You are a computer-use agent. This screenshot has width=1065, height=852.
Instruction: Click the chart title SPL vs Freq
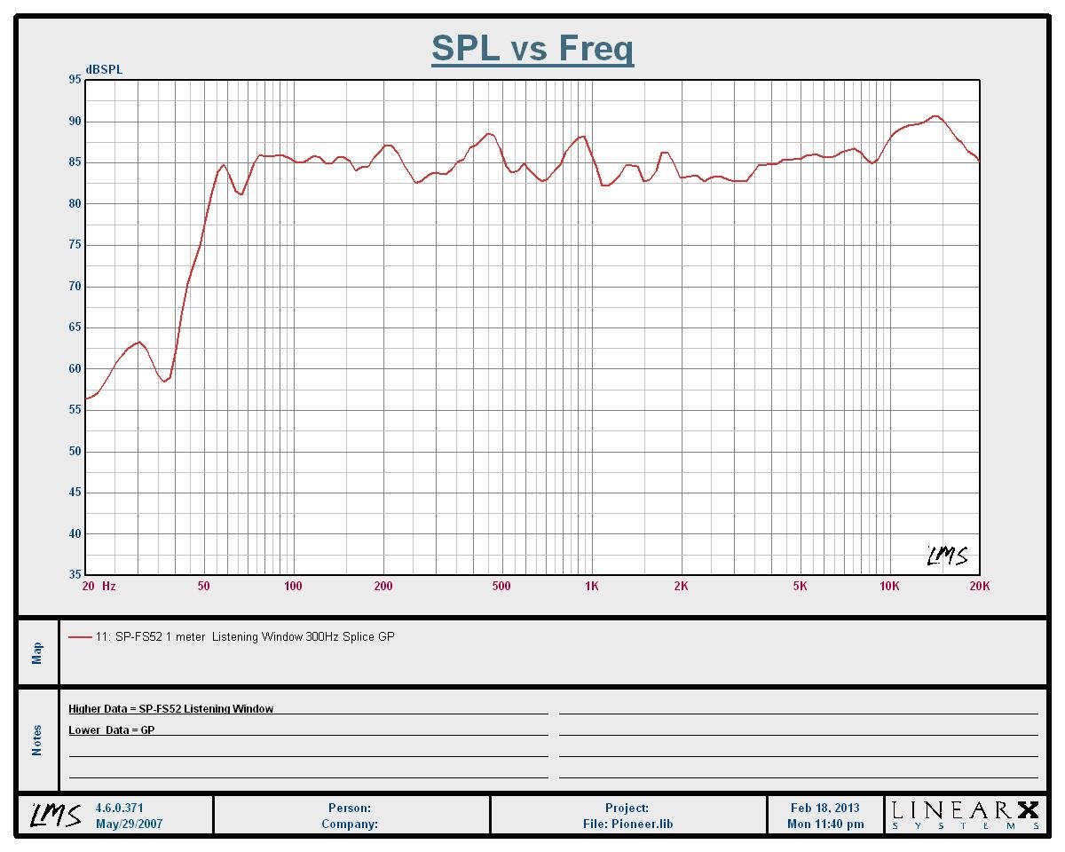[532, 48]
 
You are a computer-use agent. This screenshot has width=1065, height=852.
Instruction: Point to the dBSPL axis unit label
[104, 69]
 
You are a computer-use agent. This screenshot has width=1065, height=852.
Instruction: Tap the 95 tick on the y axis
[75, 80]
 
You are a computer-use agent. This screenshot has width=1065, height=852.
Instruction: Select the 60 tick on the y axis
[75, 369]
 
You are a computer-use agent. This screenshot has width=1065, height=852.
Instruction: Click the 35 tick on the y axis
[75, 575]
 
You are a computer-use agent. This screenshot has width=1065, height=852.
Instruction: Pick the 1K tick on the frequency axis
[592, 586]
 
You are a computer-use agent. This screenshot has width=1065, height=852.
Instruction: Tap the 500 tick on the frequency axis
[501, 586]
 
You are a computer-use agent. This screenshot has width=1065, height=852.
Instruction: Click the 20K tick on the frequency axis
[979, 586]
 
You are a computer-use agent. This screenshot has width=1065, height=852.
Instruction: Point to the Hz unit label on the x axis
[108, 586]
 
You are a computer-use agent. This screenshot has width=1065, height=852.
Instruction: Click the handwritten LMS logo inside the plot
[947, 556]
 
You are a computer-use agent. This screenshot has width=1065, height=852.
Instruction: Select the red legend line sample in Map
[80, 636]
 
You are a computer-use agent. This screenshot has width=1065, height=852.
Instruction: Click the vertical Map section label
[37, 653]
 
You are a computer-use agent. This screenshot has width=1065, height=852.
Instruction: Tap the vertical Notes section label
[37, 740]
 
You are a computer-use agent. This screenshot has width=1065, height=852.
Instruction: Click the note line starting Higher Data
[171, 708]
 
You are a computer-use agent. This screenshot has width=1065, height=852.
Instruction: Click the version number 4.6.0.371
[120, 808]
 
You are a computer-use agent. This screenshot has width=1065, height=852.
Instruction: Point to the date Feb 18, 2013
[824, 808]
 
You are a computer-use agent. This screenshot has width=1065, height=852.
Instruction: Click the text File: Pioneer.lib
[627, 824]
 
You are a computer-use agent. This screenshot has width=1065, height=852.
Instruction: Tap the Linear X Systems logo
[965, 815]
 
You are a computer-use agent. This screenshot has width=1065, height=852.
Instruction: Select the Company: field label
[349, 824]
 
